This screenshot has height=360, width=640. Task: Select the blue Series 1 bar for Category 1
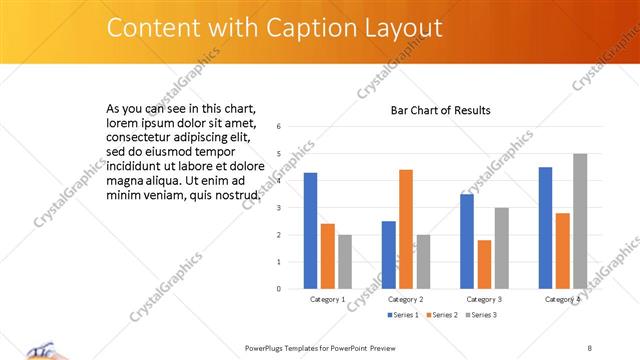tap(310, 230)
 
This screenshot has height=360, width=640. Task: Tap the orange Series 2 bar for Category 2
tap(406, 229)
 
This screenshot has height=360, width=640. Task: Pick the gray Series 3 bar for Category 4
tap(580, 221)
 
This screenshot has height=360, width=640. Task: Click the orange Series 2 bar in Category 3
tap(484, 264)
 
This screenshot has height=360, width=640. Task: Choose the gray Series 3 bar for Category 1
tap(345, 261)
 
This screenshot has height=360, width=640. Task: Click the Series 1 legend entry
tap(402, 315)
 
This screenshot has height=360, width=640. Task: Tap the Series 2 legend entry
tap(441, 315)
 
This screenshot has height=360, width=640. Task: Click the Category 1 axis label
tap(327, 299)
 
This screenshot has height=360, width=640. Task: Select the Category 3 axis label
tap(484, 299)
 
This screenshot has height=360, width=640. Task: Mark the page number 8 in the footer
tap(590, 347)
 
